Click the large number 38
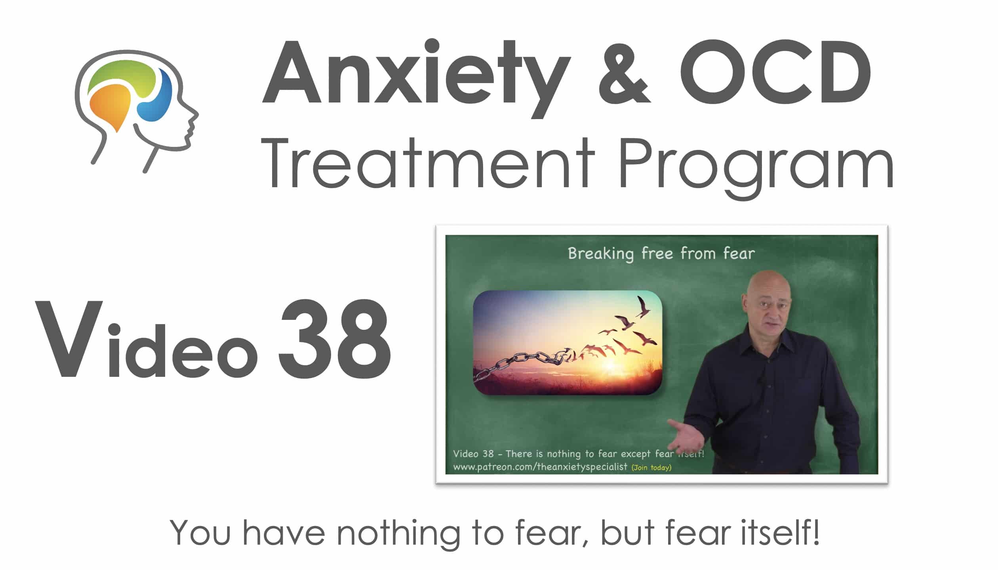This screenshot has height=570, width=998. pyautogui.click(x=335, y=339)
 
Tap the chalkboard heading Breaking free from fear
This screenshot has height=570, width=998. pyautogui.click(x=661, y=254)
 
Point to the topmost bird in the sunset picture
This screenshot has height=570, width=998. pyautogui.click(x=642, y=306)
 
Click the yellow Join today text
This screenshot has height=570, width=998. pyautogui.click(x=651, y=467)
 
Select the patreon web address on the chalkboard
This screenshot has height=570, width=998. pyautogui.click(x=540, y=467)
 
